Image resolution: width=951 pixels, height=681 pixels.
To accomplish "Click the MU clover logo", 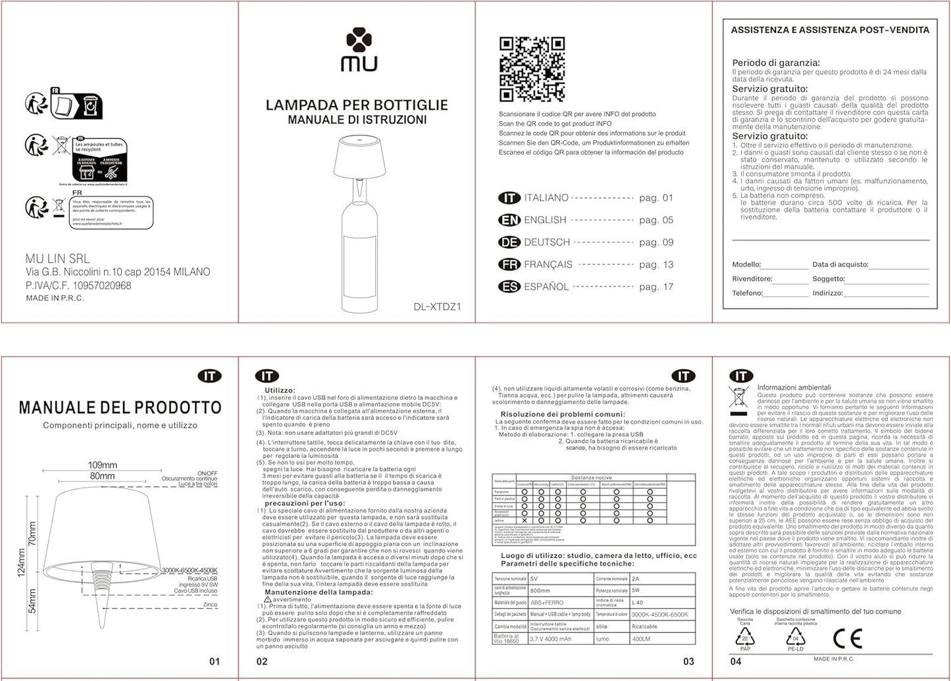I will point(359,40).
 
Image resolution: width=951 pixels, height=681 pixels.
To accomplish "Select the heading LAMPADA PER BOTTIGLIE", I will point(357,105).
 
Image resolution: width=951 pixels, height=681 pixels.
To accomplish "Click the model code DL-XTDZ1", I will point(437,307).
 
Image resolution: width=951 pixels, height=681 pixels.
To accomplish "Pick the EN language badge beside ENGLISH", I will point(509,220).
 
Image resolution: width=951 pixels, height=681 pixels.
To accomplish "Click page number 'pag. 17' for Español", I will point(655,287).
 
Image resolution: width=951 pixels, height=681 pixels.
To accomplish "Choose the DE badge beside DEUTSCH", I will point(509,243).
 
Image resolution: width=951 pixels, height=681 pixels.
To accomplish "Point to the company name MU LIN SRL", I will point(57,259).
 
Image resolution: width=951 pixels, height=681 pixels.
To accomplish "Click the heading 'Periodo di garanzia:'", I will point(776,63).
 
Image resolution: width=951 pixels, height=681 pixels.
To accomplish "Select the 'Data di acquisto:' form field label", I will point(840,265).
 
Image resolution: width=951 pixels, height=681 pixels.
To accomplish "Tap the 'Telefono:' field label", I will point(747,293).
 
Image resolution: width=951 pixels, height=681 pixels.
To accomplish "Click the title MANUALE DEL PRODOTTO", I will point(120,407).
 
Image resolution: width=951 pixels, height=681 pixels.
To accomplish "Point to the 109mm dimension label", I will point(103,465).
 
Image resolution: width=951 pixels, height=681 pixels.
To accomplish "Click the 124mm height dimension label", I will point(21,563).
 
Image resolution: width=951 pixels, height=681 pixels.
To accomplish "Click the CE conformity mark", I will point(847,638).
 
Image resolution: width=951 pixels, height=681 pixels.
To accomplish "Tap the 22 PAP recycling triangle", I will point(744,638).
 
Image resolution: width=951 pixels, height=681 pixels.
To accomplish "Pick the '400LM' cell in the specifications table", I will point(641,639).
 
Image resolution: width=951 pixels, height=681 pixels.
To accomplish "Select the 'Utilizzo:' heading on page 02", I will point(280,391).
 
